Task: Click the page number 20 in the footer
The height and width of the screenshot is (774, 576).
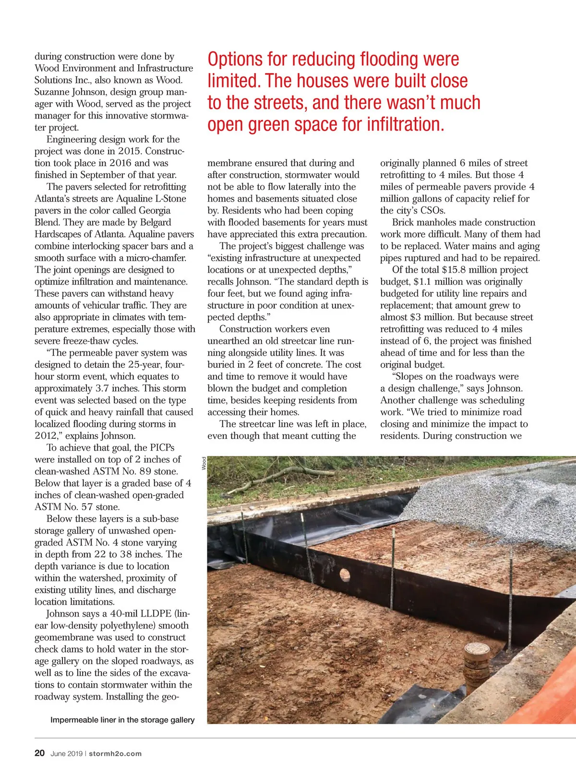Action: (39, 753)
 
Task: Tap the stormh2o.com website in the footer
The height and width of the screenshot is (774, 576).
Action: (115, 753)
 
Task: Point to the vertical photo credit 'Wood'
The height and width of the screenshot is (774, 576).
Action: (204, 463)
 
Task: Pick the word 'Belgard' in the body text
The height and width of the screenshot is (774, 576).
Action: (156, 222)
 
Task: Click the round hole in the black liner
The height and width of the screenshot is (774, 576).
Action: (345, 574)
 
